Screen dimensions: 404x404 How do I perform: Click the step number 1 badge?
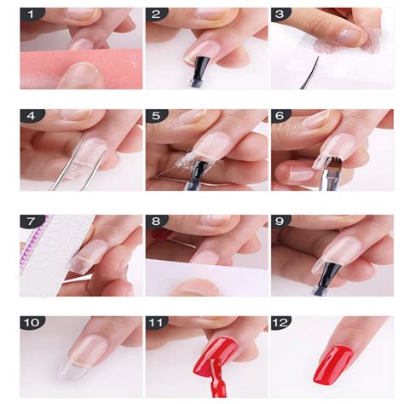[x=32, y=14]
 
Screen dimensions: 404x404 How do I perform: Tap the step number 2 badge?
[x=156, y=14]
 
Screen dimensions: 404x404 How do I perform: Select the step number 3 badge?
[x=280, y=14]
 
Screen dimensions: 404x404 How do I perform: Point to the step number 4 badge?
[x=32, y=116]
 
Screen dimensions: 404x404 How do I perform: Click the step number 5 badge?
[x=156, y=116]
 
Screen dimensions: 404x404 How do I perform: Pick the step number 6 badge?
[x=280, y=116]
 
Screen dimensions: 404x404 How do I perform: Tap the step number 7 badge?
[x=32, y=221]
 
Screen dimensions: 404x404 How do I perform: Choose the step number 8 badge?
[x=156, y=221]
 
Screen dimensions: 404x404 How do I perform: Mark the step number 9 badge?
[x=280, y=221]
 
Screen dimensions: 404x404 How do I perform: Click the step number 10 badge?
[x=32, y=322]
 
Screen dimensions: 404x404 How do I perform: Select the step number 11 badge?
[x=156, y=322]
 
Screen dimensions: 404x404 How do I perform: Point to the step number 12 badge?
[x=280, y=322]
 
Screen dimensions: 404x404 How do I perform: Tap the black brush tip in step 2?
[x=203, y=66]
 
